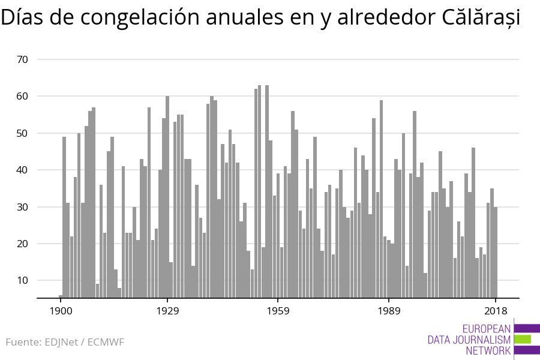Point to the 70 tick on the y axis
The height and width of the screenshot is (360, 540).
23,59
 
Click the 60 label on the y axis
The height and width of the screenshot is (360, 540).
23,96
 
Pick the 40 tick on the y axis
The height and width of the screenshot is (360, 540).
23,170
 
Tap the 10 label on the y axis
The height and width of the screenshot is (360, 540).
23,280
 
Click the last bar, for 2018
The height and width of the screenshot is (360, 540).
496,252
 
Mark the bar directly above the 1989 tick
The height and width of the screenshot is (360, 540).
389,269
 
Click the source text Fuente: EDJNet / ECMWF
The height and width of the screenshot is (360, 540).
65,343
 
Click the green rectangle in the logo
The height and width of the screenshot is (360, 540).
523,339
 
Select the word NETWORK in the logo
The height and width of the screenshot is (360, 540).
488,351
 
